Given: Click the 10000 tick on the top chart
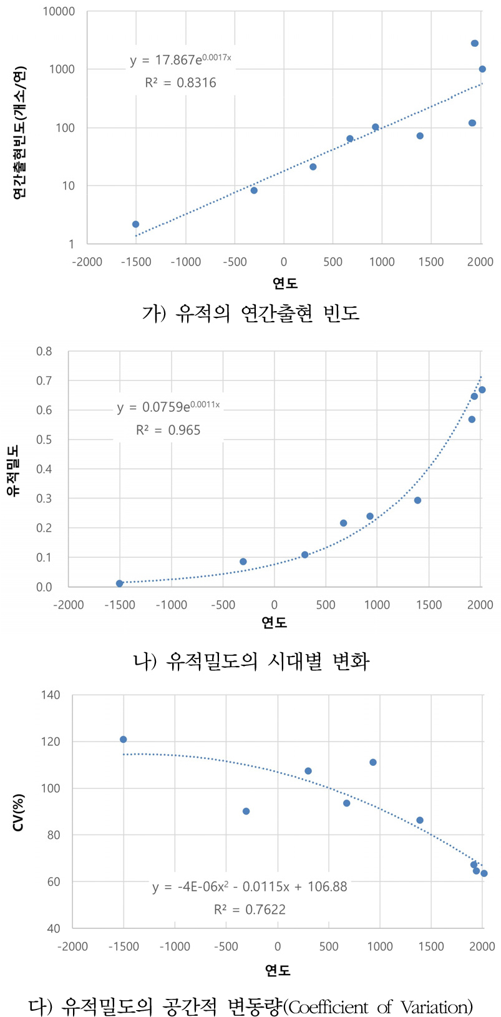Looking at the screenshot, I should [x=59, y=11].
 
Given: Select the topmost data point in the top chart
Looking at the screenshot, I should [x=475, y=43].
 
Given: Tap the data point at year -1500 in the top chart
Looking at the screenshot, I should [x=135, y=224].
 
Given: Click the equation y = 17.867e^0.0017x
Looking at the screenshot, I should [x=180, y=60].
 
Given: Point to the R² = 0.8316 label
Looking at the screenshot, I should [x=180, y=82].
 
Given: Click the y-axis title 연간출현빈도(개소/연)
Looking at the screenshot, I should [x=19, y=132].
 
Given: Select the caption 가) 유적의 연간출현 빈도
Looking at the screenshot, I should [x=250, y=312].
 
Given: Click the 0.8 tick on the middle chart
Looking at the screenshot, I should [x=44, y=351].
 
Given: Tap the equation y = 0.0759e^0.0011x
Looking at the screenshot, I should [x=168, y=407].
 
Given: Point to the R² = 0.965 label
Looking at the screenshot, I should [x=168, y=430].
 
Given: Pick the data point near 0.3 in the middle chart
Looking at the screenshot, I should [x=417, y=500].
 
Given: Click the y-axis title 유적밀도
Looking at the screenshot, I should [x=12, y=470].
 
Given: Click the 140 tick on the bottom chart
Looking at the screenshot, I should [x=50, y=695].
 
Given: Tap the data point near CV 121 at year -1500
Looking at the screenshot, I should [x=123, y=740].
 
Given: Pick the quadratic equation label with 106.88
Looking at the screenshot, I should [x=250, y=886].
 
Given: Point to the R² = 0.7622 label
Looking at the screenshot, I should [x=250, y=910].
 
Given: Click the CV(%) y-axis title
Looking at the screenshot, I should [x=19, y=812].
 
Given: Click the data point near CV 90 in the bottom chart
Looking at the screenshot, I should [x=246, y=811].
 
